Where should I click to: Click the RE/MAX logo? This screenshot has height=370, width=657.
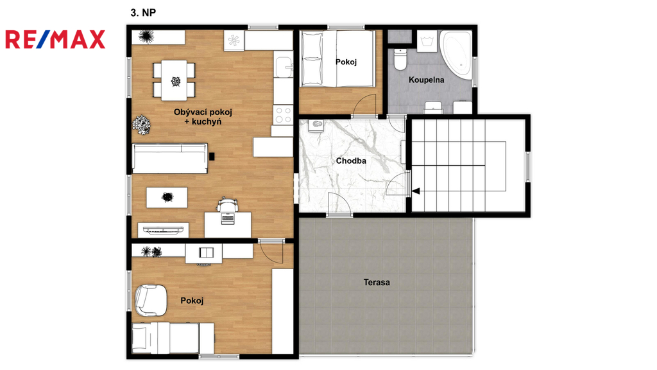55,39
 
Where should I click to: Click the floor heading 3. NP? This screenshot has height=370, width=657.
143,13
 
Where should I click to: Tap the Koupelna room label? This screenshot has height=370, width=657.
426,80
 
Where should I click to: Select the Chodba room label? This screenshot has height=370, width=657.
351,161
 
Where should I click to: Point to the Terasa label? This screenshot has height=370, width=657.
377,283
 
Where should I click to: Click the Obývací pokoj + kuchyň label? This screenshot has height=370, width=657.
203,117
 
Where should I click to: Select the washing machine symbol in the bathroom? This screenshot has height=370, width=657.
427,40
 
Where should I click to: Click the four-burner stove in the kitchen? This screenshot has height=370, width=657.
283,115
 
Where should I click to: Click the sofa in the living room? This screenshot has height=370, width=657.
169,158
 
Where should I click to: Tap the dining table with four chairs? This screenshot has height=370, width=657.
174,80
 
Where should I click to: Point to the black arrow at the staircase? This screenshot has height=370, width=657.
416,191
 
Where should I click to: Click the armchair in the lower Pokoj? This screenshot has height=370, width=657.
150,300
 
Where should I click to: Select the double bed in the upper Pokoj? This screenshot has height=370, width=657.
337,58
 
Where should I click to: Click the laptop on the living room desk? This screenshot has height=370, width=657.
228,219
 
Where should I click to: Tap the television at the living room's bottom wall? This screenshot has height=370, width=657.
163,229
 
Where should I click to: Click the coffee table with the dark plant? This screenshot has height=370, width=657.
167,197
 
